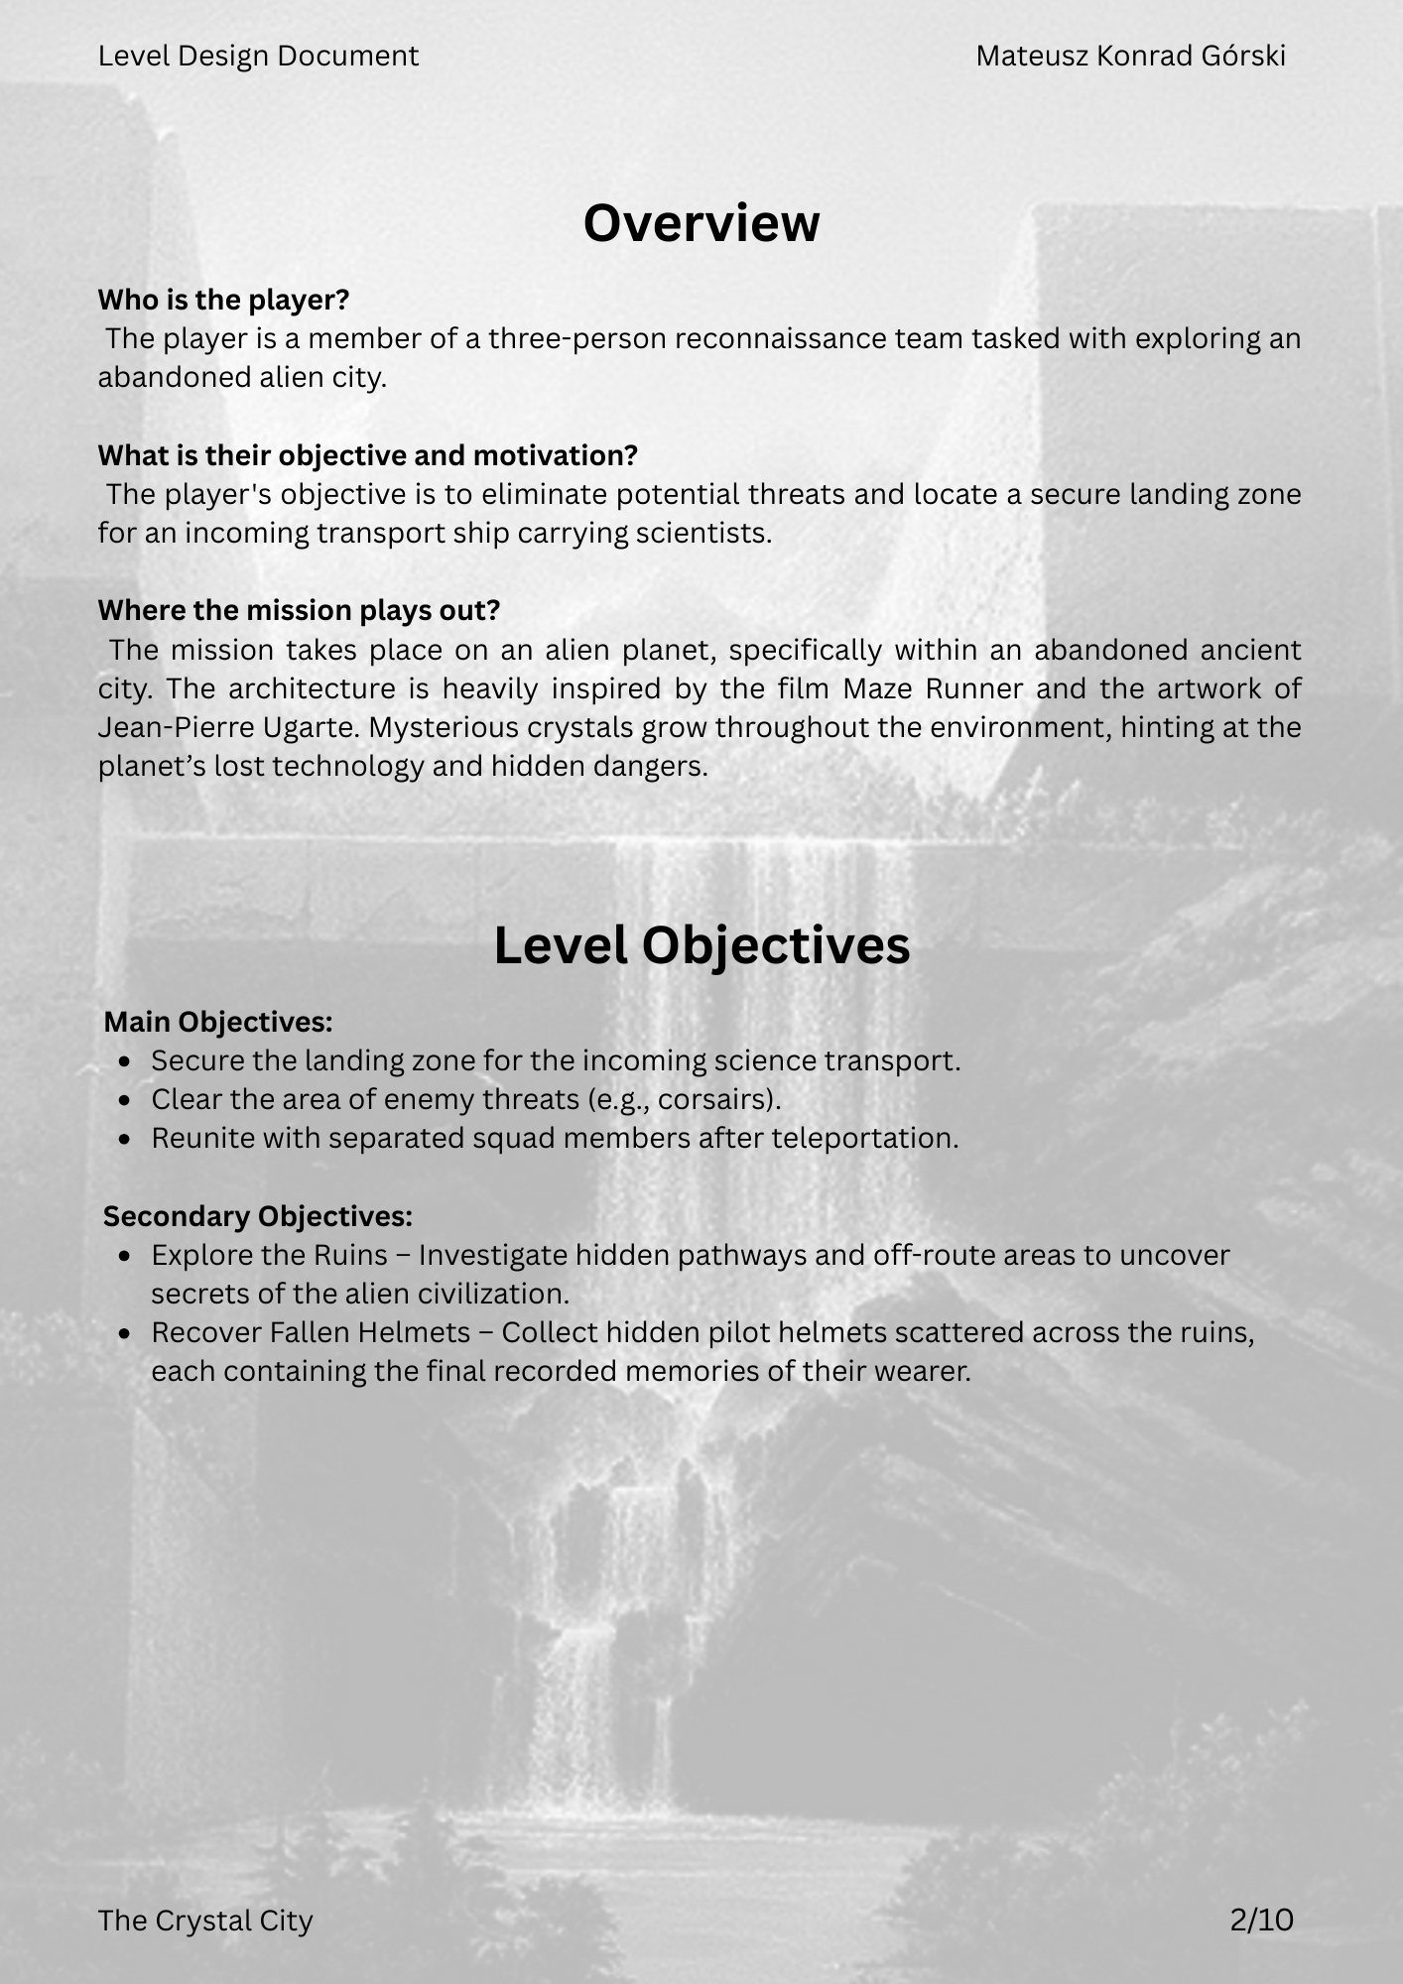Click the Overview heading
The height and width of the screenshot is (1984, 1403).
coord(701,223)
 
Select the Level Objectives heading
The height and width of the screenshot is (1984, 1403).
coord(701,945)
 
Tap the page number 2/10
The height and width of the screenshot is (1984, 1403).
coord(1261,1921)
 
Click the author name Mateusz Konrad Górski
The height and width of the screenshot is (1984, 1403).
coord(1130,57)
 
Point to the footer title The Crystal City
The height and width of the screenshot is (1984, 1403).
coord(205,1921)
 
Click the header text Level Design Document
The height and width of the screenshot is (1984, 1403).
coord(258,57)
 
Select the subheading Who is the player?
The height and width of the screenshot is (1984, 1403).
coord(223,300)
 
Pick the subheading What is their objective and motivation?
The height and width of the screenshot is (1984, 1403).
coord(367,455)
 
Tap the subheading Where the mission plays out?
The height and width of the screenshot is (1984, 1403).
coord(299,610)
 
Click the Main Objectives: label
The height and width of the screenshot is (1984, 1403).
coord(218,1022)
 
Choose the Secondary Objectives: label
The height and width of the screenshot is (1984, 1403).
coord(258,1216)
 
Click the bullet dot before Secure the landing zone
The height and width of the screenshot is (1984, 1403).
coord(124,1061)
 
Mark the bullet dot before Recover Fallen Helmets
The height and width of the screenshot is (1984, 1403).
coord(124,1333)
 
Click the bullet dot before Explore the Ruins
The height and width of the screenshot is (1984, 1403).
coord(124,1256)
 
